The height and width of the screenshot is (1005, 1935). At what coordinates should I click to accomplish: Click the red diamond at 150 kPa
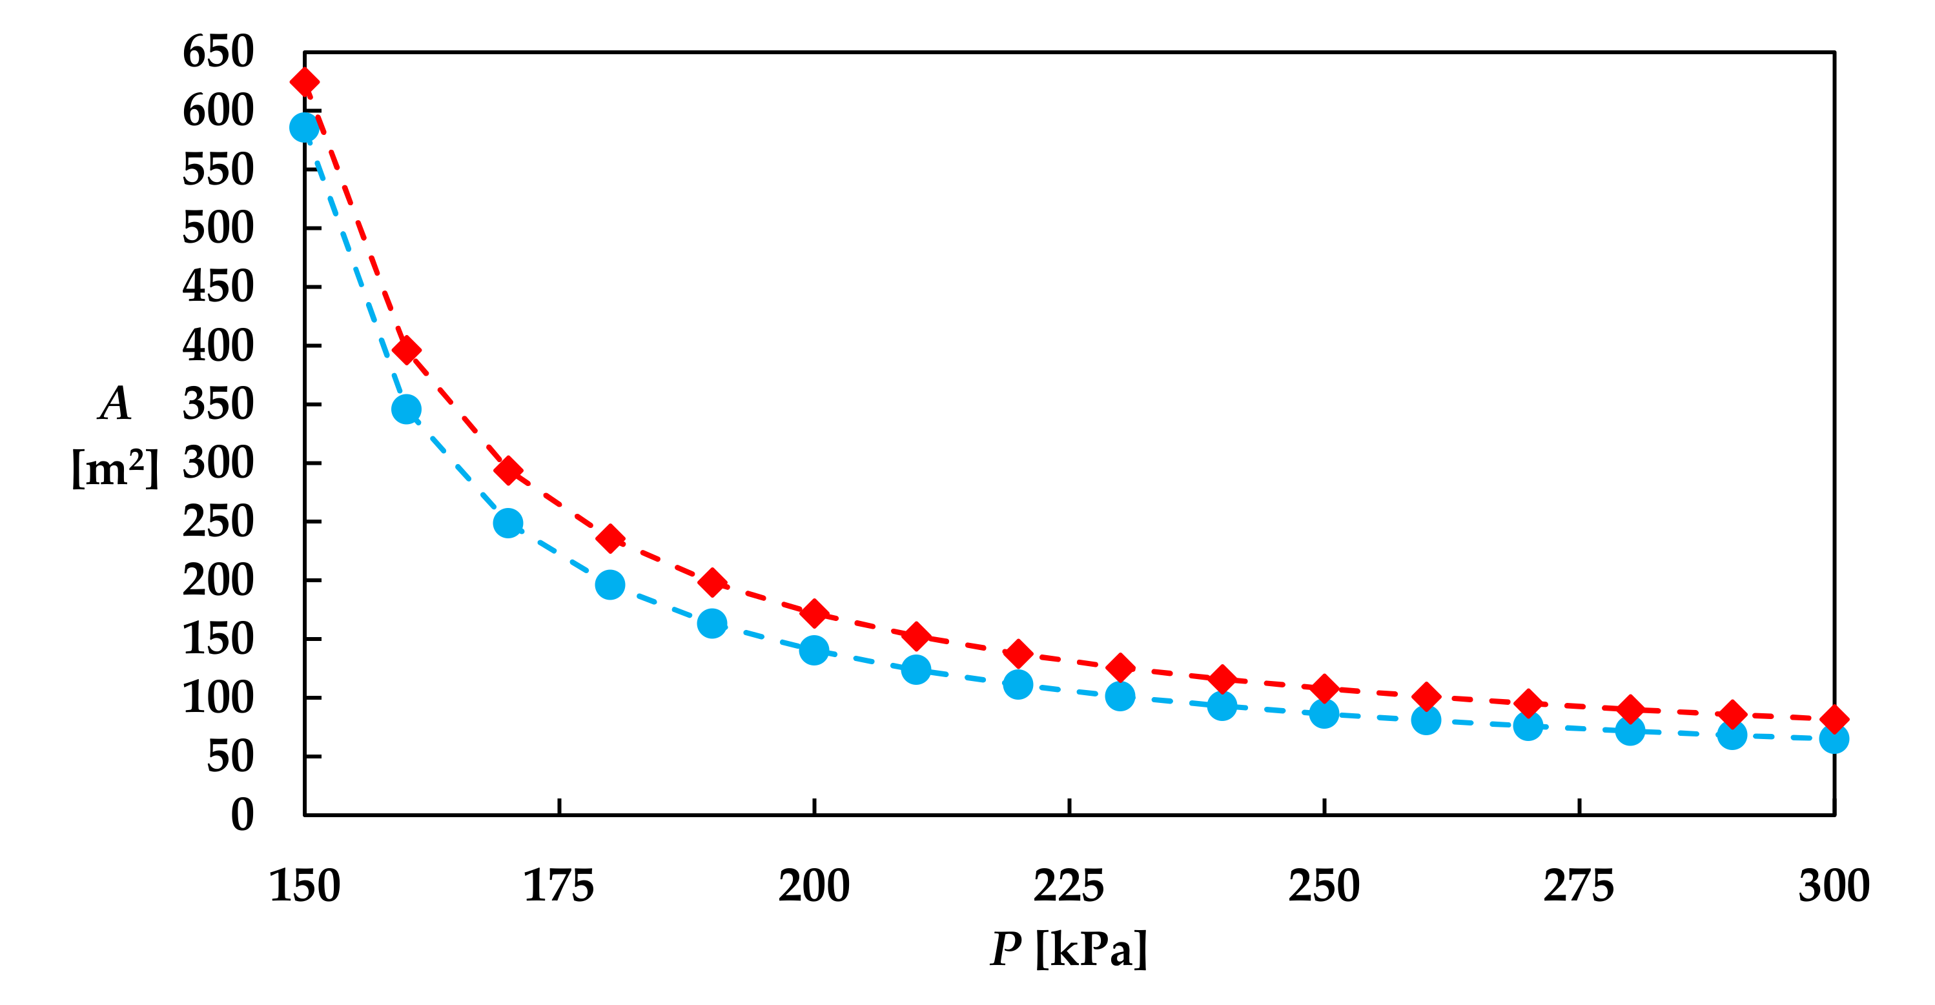coord(304,82)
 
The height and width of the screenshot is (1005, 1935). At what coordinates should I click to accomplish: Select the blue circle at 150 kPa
coord(304,128)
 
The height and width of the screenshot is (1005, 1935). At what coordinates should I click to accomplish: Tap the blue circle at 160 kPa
coord(406,409)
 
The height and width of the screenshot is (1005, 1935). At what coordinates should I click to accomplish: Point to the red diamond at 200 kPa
coord(814,614)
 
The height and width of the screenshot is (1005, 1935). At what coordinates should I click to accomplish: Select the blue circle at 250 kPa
coord(1324,713)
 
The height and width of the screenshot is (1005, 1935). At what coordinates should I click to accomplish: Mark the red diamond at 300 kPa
coord(1834,720)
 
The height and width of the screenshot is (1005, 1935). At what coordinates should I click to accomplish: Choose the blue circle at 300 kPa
coord(1834,739)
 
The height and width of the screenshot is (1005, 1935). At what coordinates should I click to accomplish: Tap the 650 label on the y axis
coord(218,52)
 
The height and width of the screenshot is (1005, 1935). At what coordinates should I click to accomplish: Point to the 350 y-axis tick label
coord(218,404)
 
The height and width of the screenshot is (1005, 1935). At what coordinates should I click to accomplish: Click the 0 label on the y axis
coord(242,815)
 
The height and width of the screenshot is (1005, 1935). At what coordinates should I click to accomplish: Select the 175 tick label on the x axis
coord(559,886)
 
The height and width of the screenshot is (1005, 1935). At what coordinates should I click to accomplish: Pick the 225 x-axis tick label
coord(1069,886)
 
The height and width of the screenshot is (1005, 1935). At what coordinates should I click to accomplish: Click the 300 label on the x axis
coord(1834,886)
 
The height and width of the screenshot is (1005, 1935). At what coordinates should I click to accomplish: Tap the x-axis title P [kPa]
coord(1069,949)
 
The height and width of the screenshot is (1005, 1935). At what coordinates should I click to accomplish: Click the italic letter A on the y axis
coord(115,404)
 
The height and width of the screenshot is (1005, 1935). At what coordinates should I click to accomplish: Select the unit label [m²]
coord(115,469)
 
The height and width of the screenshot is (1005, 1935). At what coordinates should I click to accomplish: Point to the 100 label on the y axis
coord(218,698)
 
